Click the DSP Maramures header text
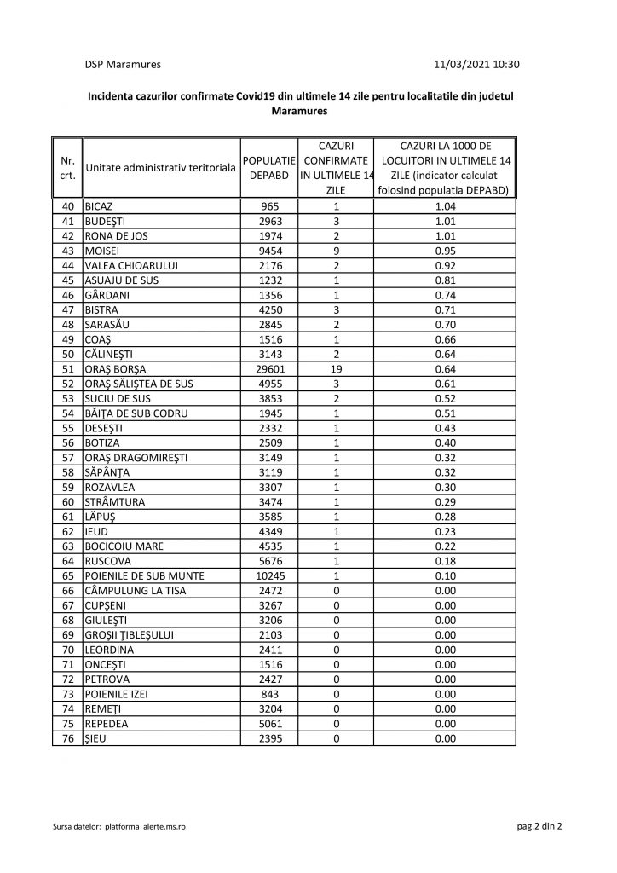[x=123, y=64]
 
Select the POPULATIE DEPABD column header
[x=269, y=167]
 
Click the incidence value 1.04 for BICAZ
[x=446, y=207]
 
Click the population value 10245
[x=269, y=576]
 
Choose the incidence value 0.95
[x=446, y=251]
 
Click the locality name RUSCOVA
[x=107, y=561]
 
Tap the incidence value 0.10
[x=446, y=576]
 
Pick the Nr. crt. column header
[x=67, y=167]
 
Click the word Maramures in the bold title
[x=298, y=111]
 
